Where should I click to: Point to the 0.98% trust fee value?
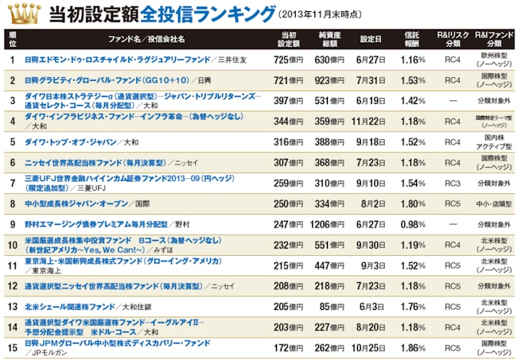click(412, 223)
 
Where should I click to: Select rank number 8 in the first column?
click(13, 202)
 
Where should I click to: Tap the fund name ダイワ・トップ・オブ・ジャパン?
click(72, 141)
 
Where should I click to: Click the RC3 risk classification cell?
click(452, 182)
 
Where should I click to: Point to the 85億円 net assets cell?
click(330, 305)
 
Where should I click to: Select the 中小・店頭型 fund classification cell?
click(494, 202)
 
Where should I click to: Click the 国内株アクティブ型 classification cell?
click(494, 141)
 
